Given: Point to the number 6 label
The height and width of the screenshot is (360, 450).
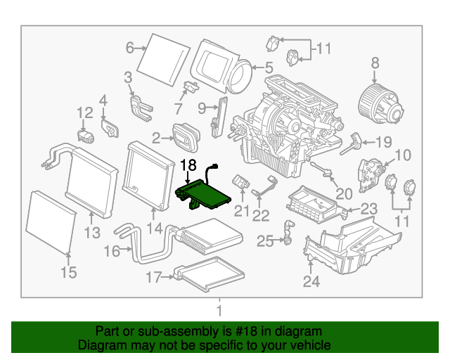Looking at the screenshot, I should tap(129, 48).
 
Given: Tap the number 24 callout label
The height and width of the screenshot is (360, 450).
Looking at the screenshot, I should tap(311, 282).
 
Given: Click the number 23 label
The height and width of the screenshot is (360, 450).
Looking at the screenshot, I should tap(369, 209).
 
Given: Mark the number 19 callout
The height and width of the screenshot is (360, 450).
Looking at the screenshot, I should tap(382, 142).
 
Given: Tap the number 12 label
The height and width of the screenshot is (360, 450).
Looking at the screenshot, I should tap(84, 112).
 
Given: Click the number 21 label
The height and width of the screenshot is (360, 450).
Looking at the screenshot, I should tap(242, 212).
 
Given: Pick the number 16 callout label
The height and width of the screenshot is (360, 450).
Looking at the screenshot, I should tap(111, 251).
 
